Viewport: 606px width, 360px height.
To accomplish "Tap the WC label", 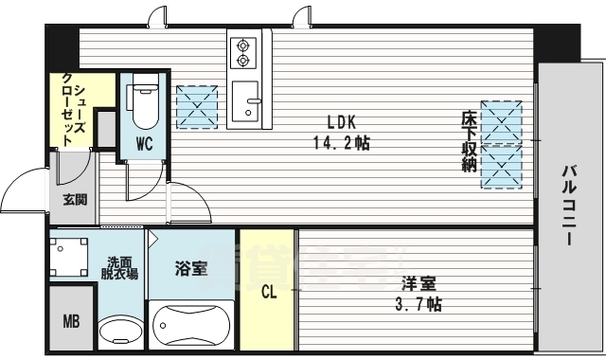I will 145,144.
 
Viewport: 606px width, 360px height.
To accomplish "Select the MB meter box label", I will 72,321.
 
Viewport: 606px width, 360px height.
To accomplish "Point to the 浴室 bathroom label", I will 192,269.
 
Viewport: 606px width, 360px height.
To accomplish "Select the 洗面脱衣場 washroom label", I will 121,267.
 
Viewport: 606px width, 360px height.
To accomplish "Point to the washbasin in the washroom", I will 117,332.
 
